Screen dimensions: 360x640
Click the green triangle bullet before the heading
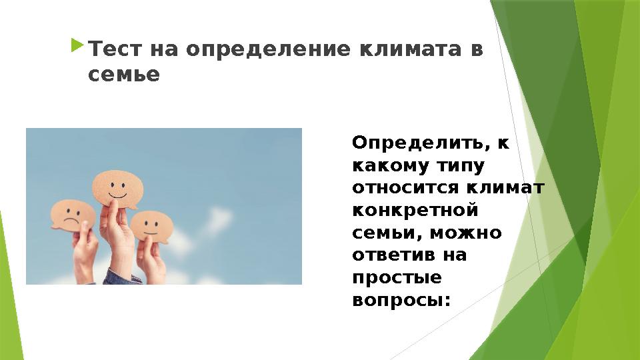77,47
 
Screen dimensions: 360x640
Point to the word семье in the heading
124,75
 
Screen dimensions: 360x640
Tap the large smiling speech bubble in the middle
118,185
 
